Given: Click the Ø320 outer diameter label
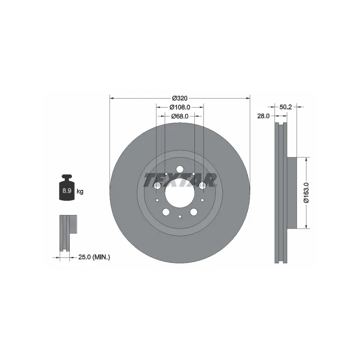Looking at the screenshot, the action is tap(180, 98).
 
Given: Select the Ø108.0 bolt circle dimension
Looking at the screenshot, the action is tap(180, 107).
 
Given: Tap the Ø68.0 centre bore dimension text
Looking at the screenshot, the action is tap(180, 117).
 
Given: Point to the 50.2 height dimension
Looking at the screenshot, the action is tap(285, 107).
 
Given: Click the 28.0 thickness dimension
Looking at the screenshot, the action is tap(263, 116).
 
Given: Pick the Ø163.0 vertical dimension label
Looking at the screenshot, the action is tap(306, 193).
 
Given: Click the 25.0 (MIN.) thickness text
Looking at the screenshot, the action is tap(94, 257).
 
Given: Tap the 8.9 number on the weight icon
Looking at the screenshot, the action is tap(67, 190).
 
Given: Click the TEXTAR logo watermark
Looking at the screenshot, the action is tap(180, 180).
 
